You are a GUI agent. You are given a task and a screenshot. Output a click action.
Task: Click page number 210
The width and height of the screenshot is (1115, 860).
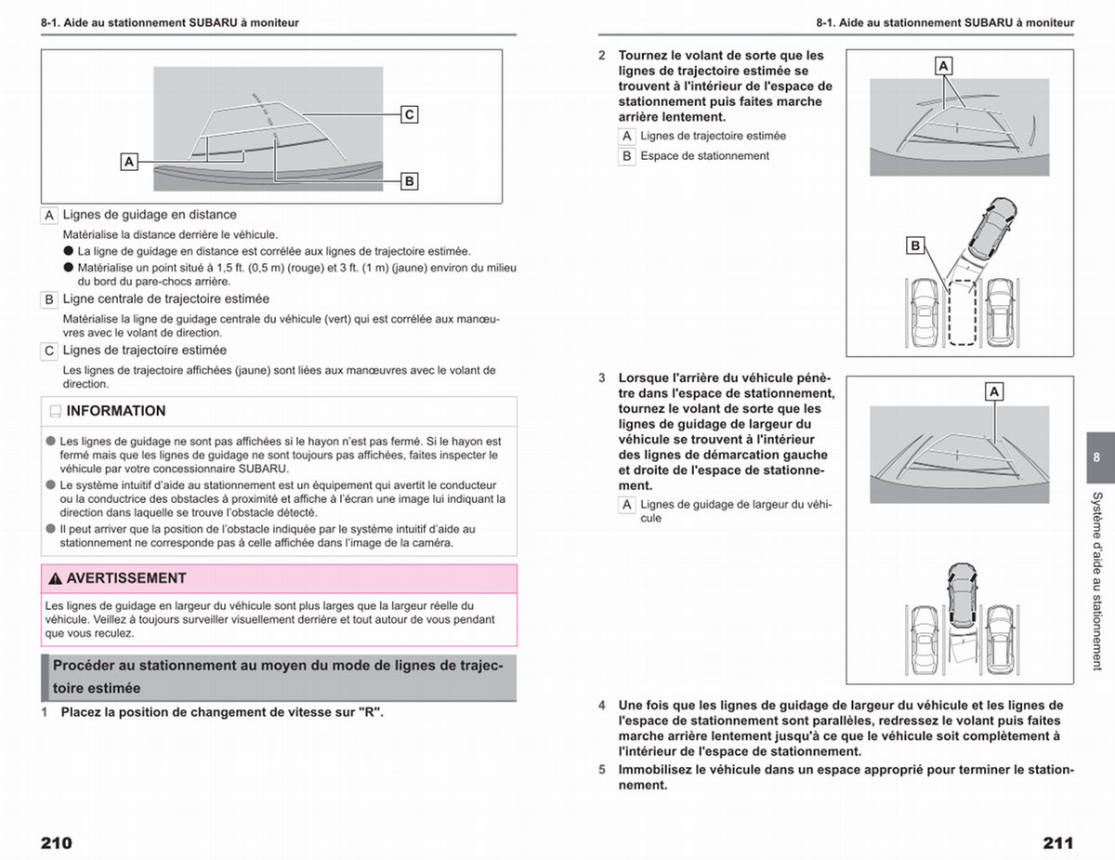tap(57, 843)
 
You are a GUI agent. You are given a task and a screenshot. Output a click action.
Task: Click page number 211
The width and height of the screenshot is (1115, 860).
tap(1058, 843)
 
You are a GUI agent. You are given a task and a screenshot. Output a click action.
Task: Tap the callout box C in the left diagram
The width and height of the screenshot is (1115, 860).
tap(409, 114)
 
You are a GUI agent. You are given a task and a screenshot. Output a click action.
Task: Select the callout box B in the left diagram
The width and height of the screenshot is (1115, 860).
tap(409, 181)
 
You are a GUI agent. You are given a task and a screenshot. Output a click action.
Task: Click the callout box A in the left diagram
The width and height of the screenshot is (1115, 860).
tap(129, 162)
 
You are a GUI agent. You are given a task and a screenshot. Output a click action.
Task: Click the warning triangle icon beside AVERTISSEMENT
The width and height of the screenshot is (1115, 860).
tap(55, 578)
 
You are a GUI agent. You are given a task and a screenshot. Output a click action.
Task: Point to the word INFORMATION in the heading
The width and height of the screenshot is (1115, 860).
tap(116, 411)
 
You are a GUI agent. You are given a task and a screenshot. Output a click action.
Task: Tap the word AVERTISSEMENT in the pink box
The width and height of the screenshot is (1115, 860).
tap(126, 578)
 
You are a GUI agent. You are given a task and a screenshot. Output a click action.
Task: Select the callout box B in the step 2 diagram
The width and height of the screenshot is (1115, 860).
tap(915, 246)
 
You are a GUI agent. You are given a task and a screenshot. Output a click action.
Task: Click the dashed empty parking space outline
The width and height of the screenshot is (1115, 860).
tap(962, 312)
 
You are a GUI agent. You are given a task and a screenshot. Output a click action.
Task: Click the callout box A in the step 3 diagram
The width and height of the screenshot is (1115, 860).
tap(994, 391)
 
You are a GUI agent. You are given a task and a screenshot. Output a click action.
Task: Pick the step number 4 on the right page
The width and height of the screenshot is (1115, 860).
tap(602, 706)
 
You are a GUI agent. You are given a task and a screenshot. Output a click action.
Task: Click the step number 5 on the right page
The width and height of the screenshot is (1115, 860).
tap(602, 770)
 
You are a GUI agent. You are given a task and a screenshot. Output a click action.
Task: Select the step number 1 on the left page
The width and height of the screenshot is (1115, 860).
tap(45, 713)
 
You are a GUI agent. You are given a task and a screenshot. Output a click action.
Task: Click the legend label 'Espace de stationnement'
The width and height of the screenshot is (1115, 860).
tap(704, 156)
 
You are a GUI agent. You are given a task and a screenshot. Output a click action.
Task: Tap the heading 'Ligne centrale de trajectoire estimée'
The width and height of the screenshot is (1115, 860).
tap(165, 298)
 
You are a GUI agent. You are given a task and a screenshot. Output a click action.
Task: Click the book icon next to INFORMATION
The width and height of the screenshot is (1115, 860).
tap(56, 411)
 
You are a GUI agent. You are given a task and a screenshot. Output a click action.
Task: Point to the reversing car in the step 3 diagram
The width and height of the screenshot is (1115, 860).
tap(962, 596)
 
